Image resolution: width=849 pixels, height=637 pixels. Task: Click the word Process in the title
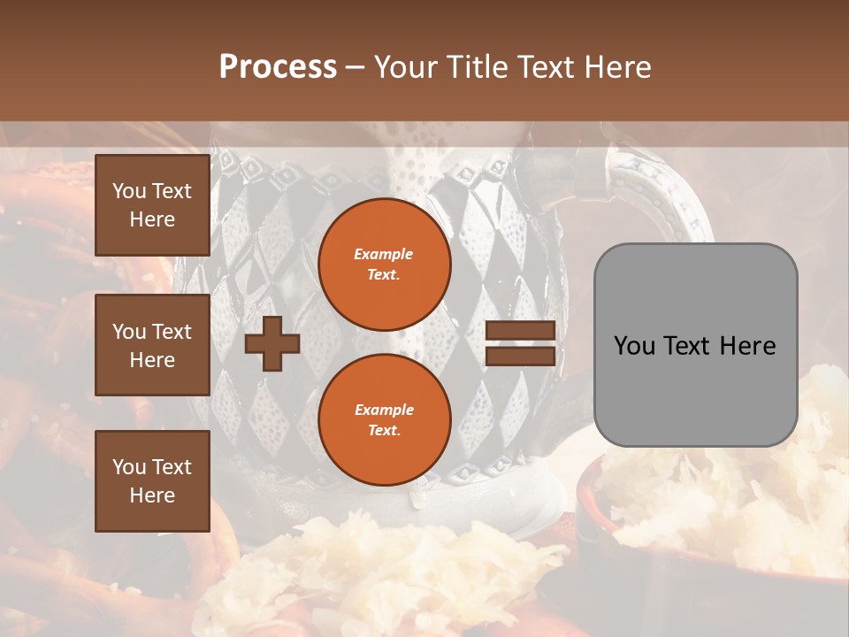coord(278,67)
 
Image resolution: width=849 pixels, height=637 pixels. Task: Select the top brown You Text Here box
coord(152,205)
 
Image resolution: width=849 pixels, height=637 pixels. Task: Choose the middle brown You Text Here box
coord(152,345)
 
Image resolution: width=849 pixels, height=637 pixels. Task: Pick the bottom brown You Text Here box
coord(152,481)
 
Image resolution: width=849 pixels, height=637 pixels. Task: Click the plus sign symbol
coord(272,344)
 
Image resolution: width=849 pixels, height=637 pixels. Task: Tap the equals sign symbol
coord(520,344)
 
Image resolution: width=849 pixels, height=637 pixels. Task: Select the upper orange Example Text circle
coord(384,265)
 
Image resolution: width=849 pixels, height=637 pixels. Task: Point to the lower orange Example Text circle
coord(384,420)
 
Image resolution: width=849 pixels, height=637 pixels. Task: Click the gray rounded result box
coord(695,345)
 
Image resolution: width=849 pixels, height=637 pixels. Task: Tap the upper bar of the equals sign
coord(520,331)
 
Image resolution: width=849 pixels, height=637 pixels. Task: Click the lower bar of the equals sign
coord(520,357)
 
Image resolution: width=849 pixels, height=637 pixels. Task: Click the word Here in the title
coord(621,67)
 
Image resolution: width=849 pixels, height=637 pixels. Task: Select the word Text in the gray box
coord(685,346)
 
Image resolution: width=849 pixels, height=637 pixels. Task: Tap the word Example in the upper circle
coord(384,254)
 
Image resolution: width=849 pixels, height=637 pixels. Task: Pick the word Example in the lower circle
coord(384,410)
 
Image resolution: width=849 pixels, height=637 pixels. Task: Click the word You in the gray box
coord(634,346)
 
